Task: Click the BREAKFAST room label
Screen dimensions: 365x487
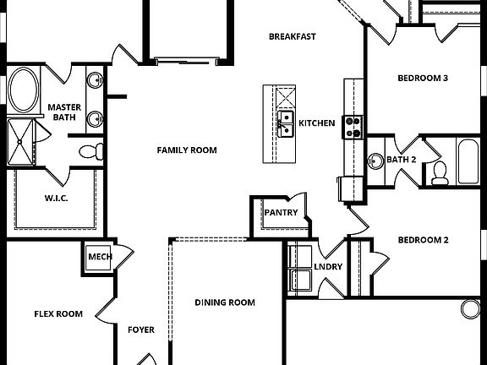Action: pyautogui.click(x=293, y=36)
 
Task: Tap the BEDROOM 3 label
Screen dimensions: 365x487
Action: pyautogui.click(x=423, y=79)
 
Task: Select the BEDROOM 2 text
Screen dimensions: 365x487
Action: pyautogui.click(x=423, y=240)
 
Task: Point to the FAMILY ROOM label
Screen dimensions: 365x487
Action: pyautogui.click(x=187, y=150)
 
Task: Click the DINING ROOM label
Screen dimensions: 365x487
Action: pyautogui.click(x=225, y=302)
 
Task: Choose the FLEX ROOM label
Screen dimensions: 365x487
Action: pyautogui.click(x=58, y=314)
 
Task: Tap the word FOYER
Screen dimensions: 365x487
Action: pyautogui.click(x=141, y=330)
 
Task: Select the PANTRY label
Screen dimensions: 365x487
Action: pyautogui.click(x=281, y=212)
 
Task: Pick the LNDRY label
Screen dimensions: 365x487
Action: pyautogui.click(x=328, y=267)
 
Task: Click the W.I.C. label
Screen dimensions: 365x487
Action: pyautogui.click(x=57, y=199)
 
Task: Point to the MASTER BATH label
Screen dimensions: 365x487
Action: pyautogui.click(x=63, y=112)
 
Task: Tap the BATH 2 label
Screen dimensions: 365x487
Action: pyautogui.click(x=402, y=160)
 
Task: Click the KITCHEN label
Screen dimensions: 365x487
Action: pyautogui.click(x=317, y=123)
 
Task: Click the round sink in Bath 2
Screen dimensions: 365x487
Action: pyautogui.click(x=376, y=160)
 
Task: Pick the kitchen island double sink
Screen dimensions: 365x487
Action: pyautogui.click(x=286, y=123)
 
